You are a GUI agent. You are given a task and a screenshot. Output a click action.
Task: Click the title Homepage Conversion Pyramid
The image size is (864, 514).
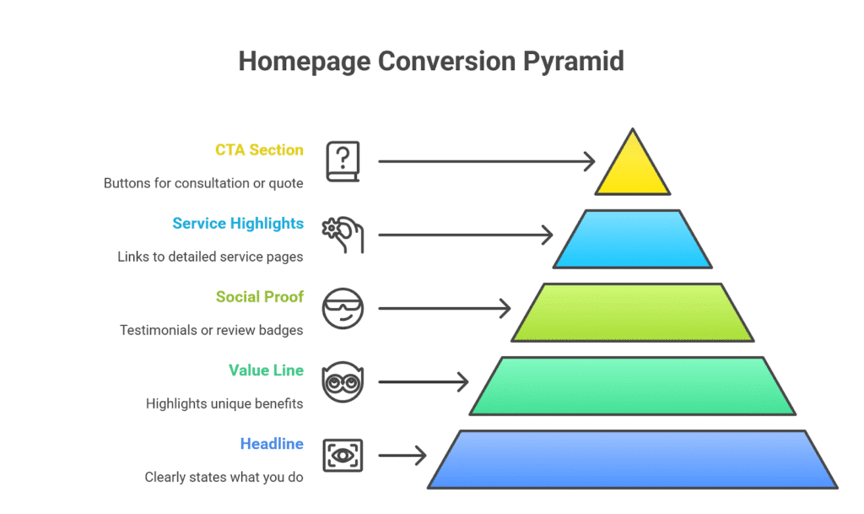pyautogui.click(x=431, y=62)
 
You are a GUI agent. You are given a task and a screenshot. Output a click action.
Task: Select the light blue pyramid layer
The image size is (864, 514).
pyautogui.click(x=632, y=239)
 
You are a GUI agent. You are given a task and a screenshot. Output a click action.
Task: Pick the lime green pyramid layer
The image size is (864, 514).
pyautogui.click(x=632, y=312)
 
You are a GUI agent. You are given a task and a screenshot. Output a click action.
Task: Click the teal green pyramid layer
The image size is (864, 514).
pyautogui.click(x=632, y=386)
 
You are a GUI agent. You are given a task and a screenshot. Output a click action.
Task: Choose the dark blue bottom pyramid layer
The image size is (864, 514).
pyautogui.click(x=632, y=459)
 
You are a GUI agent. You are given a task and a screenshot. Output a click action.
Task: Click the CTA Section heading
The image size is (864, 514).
pyautogui.click(x=259, y=150)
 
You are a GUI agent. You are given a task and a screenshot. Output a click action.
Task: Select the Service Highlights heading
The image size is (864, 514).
pyautogui.click(x=238, y=224)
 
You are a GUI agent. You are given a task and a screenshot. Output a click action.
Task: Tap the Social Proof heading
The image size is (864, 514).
pyautogui.click(x=259, y=297)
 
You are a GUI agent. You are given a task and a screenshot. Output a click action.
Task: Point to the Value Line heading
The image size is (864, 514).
pyautogui.click(x=266, y=371)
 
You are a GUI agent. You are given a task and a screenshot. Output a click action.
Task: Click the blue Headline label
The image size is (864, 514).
pyautogui.click(x=272, y=444)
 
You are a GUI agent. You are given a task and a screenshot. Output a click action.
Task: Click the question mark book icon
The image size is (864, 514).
pyautogui.click(x=343, y=161)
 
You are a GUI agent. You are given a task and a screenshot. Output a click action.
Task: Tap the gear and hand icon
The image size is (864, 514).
pyautogui.click(x=343, y=235)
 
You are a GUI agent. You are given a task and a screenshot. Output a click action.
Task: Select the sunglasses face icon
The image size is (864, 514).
pyautogui.click(x=343, y=309)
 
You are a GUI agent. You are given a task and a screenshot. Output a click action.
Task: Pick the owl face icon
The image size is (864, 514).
pyautogui.click(x=343, y=382)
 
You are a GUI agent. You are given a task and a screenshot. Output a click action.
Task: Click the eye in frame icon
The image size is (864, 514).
pyautogui.click(x=343, y=456)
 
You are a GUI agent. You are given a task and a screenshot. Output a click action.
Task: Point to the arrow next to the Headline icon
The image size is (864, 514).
pyautogui.click(x=402, y=457)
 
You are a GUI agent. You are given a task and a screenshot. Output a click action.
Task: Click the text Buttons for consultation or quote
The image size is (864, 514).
pyautogui.click(x=203, y=183)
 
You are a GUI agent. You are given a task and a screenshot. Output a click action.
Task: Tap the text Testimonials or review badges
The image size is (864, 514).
pyautogui.click(x=211, y=330)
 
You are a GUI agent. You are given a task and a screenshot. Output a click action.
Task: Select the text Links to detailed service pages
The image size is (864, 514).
pyautogui.click(x=210, y=257)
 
